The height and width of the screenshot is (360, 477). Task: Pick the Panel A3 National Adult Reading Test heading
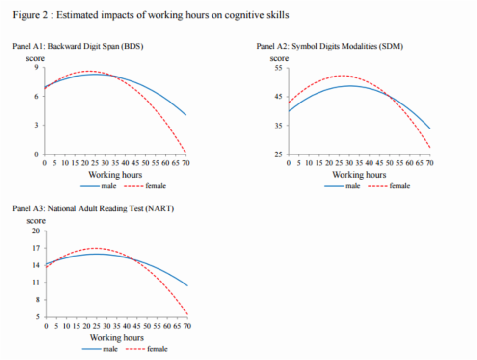click(x=93, y=208)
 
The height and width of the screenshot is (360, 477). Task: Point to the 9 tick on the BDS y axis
click(x=36, y=67)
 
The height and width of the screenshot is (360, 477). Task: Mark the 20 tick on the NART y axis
click(x=36, y=231)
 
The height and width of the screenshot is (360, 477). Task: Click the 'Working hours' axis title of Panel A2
click(x=359, y=175)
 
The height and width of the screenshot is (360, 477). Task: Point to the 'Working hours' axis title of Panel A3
click(x=116, y=338)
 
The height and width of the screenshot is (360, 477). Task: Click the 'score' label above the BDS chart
click(x=35, y=58)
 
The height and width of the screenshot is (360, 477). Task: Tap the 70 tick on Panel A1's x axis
click(x=185, y=162)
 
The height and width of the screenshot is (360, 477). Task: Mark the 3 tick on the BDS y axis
click(x=36, y=126)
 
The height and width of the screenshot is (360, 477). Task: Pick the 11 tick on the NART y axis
click(x=36, y=283)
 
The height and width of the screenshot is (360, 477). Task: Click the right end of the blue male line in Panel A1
click(x=186, y=115)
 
